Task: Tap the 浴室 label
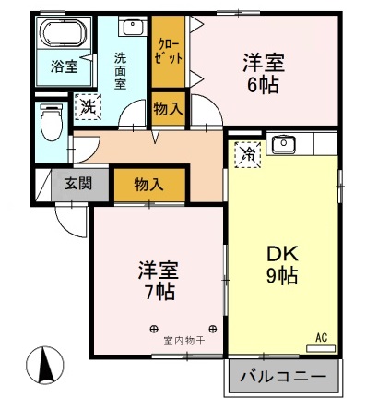(x=64, y=66)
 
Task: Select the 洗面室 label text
(x=121, y=69)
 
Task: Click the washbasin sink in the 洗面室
(x=131, y=29)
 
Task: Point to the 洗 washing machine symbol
(x=89, y=105)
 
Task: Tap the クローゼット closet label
(x=169, y=52)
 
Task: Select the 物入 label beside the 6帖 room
(x=168, y=109)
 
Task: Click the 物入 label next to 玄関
(x=148, y=183)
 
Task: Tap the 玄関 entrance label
(x=77, y=183)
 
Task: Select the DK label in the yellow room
(x=280, y=253)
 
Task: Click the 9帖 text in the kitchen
(x=281, y=275)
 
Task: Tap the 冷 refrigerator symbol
(x=247, y=153)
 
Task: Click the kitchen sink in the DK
(x=283, y=145)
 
